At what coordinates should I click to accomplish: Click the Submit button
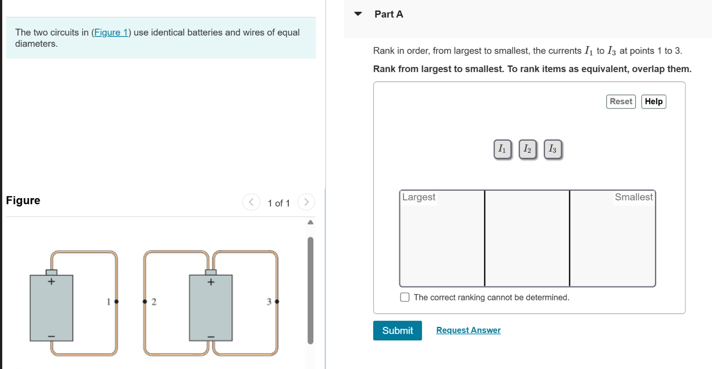click(397, 330)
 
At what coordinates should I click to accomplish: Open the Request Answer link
click(468, 330)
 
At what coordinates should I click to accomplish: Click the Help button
click(654, 101)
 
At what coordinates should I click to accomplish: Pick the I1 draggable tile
click(502, 149)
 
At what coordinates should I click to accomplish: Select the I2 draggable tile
click(527, 149)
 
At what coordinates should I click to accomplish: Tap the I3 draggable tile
click(552, 149)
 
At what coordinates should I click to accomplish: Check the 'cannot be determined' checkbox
click(405, 297)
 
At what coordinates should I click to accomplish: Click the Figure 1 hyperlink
click(111, 33)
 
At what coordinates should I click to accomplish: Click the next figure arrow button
click(306, 202)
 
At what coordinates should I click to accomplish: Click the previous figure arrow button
click(251, 202)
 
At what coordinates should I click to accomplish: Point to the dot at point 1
click(116, 301)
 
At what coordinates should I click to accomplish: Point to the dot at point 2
click(145, 301)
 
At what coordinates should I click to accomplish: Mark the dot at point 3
click(277, 301)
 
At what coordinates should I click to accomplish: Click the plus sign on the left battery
click(51, 281)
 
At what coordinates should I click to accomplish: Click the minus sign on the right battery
click(211, 336)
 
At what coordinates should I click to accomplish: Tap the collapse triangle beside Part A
click(358, 14)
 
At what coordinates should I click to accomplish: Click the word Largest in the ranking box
click(418, 197)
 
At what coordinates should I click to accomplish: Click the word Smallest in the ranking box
click(633, 197)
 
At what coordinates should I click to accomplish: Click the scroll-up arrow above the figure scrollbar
click(310, 222)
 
